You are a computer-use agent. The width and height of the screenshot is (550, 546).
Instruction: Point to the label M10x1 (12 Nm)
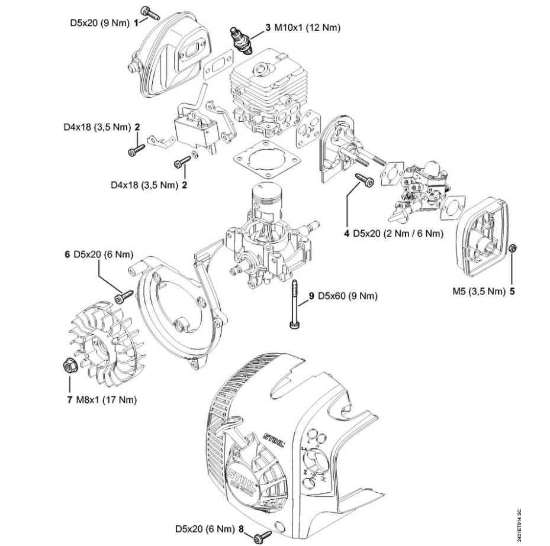[306, 27]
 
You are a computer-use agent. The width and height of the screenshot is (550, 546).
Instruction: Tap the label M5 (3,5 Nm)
[477, 292]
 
